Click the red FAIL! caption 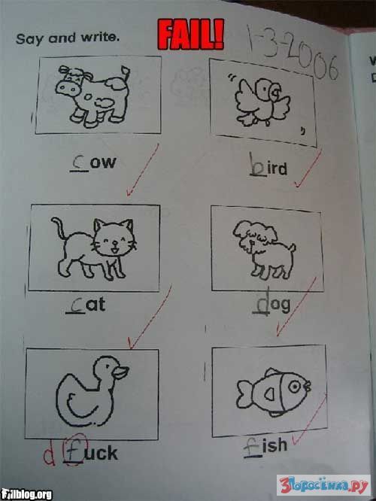coord(191,35)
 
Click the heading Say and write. coord(68,38)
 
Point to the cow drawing coord(93,96)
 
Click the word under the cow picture coord(93,162)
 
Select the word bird coord(268,165)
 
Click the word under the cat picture coord(86,305)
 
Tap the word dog coord(271,304)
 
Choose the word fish coord(265,446)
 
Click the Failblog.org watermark coord(26,494)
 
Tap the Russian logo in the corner coord(323,485)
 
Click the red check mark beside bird coord(308,169)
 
